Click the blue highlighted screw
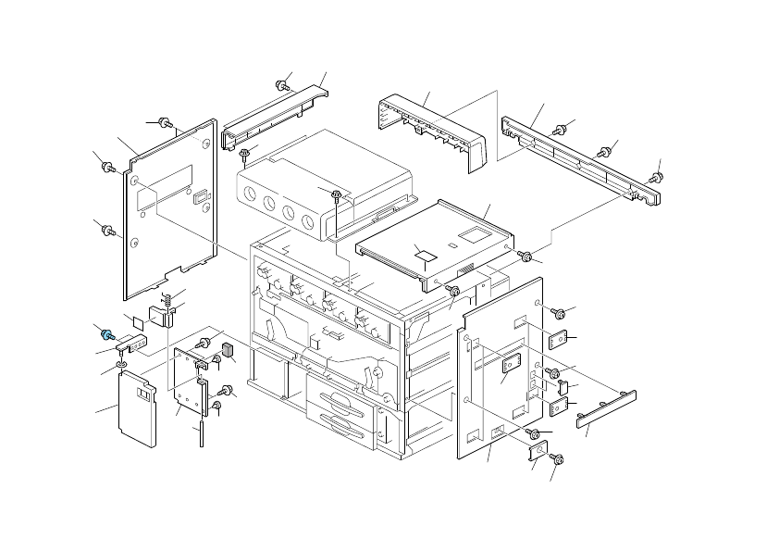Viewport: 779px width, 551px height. (107, 334)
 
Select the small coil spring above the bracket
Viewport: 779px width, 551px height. (168, 299)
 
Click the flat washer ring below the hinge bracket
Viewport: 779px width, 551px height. (122, 365)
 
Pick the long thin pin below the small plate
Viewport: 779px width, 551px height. (200, 433)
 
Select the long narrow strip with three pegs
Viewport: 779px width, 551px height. (606, 408)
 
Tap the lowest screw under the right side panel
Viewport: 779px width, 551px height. (557, 458)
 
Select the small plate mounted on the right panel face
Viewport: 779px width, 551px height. (508, 364)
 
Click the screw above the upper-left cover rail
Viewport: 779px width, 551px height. (283, 85)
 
